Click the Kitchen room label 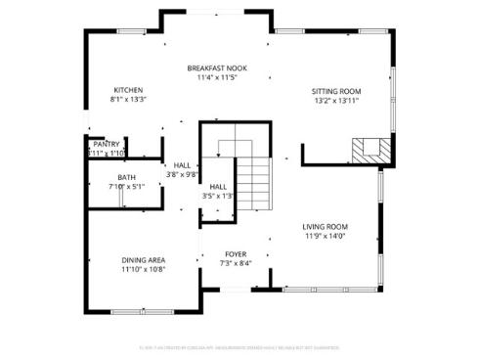[x=127, y=90]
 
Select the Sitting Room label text [x=337, y=90]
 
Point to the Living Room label [x=325, y=226]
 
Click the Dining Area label [x=144, y=259]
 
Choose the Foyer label [x=237, y=253]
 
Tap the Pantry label [x=106, y=144]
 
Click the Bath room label [x=126, y=177]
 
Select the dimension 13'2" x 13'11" [x=337, y=100]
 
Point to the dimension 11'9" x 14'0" [x=325, y=236]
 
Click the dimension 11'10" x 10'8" [x=144, y=269]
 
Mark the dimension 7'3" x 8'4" [x=237, y=263]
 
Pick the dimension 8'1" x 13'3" [x=127, y=100]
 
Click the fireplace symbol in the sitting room [x=370, y=151]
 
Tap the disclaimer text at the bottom [x=239, y=346]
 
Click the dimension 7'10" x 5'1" [x=126, y=186]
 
